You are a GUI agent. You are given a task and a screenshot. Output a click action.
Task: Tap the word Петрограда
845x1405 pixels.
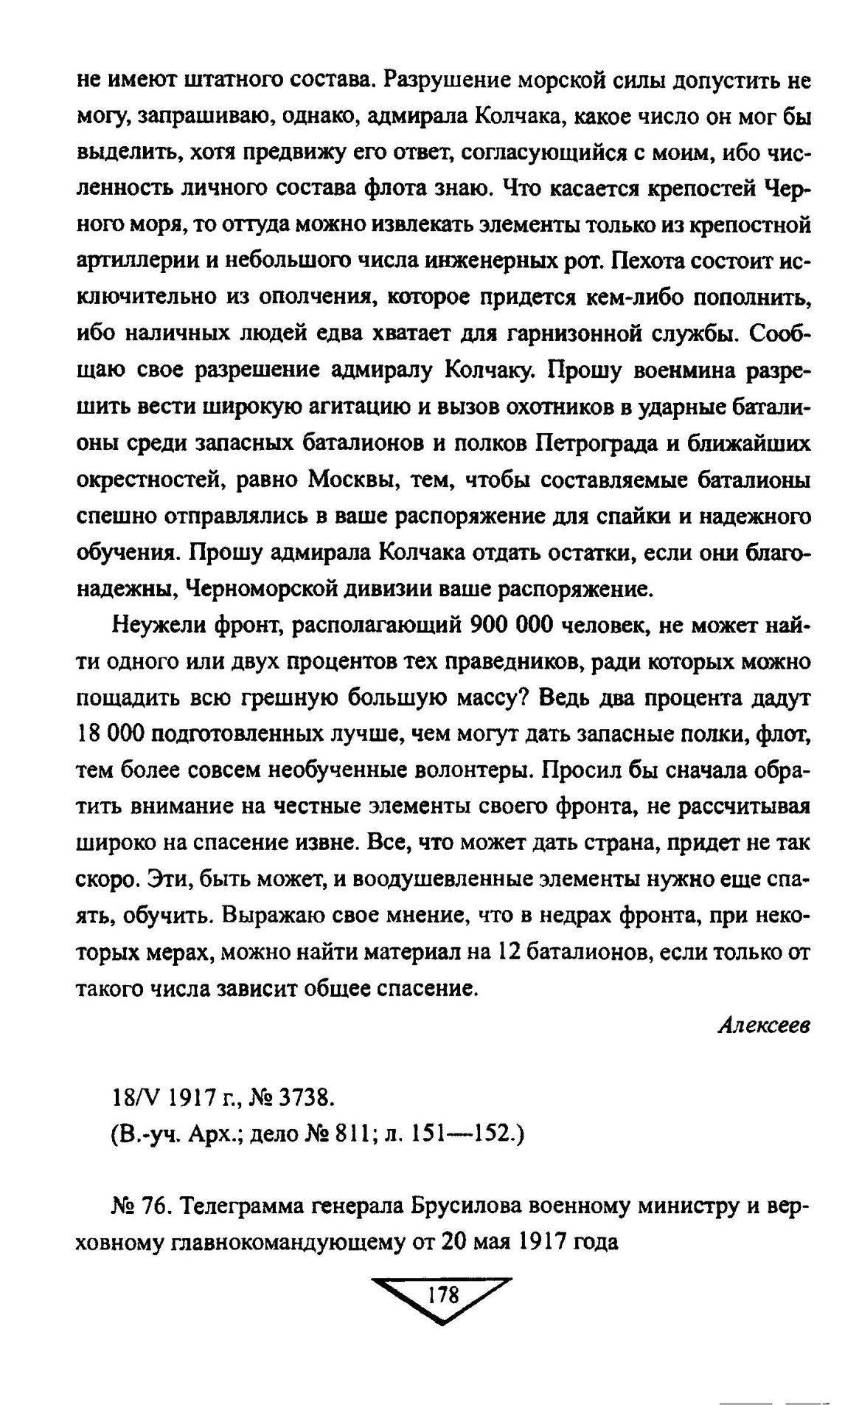597,443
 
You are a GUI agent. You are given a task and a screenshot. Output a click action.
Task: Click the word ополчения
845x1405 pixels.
339,297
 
